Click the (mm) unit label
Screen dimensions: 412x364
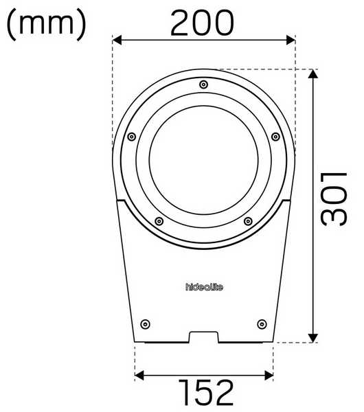47,24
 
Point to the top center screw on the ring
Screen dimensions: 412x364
203,84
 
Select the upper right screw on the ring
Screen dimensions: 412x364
275,137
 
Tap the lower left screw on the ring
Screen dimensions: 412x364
159,221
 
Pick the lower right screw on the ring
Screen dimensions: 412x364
248,221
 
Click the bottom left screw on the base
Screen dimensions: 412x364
144,323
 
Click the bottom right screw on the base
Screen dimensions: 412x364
261,323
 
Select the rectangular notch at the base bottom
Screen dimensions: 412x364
203,337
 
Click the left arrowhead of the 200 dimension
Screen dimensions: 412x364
117,41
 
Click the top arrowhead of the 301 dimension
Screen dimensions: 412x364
313,74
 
